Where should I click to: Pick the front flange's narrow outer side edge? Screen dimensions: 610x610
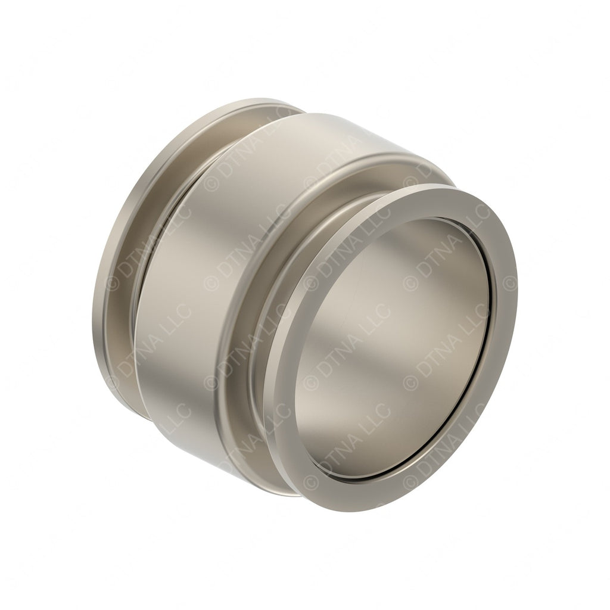pyautogui.click(x=271, y=417)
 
